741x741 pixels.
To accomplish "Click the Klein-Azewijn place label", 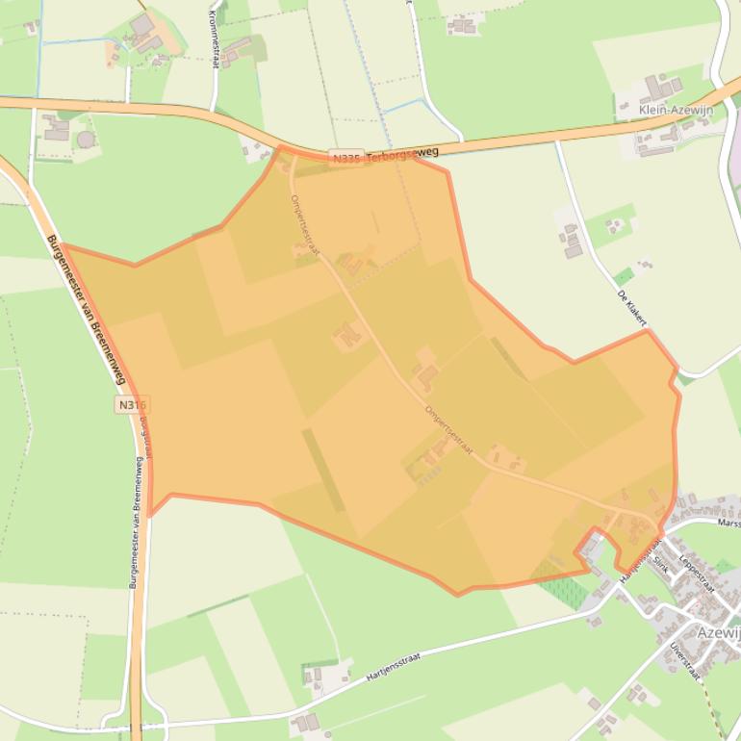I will [x=676, y=111].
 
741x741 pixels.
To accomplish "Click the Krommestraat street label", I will [x=214, y=38].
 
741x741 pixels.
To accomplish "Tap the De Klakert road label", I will [x=631, y=306].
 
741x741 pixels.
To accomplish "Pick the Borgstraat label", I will [x=145, y=437].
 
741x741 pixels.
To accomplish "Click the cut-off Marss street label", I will [x=728, y=523].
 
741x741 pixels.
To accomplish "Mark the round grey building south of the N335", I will [x=86, y=140].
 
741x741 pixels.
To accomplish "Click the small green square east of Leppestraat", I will [x=724, y=566].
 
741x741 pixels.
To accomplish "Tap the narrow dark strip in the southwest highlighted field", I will [x=323, y=470].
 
